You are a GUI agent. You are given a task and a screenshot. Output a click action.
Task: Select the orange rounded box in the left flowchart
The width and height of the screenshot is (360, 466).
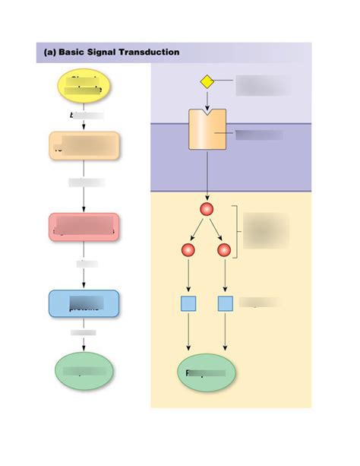84,145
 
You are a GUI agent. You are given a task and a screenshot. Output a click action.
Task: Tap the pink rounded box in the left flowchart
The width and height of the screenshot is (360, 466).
84,227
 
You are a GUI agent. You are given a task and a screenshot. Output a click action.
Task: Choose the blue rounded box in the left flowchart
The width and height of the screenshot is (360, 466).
84,303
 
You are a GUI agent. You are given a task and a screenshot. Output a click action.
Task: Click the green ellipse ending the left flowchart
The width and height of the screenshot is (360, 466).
84,370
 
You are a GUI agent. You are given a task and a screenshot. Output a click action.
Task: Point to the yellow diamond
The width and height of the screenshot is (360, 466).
207,82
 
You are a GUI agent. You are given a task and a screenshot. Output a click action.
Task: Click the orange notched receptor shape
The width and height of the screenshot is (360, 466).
207,129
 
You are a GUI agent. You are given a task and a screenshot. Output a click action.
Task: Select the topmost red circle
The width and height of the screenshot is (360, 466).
207,209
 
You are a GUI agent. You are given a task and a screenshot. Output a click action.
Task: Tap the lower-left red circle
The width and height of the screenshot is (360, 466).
188,250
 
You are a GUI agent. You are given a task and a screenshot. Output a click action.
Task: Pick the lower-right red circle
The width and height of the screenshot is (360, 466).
224,250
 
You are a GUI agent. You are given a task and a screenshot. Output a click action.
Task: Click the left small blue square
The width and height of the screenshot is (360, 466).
188,303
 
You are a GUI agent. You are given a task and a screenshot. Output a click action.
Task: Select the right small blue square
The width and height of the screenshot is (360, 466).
226,303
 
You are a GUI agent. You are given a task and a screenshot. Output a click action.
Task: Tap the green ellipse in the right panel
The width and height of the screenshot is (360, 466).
205,372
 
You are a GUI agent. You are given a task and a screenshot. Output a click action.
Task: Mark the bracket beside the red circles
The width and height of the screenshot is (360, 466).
238,231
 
